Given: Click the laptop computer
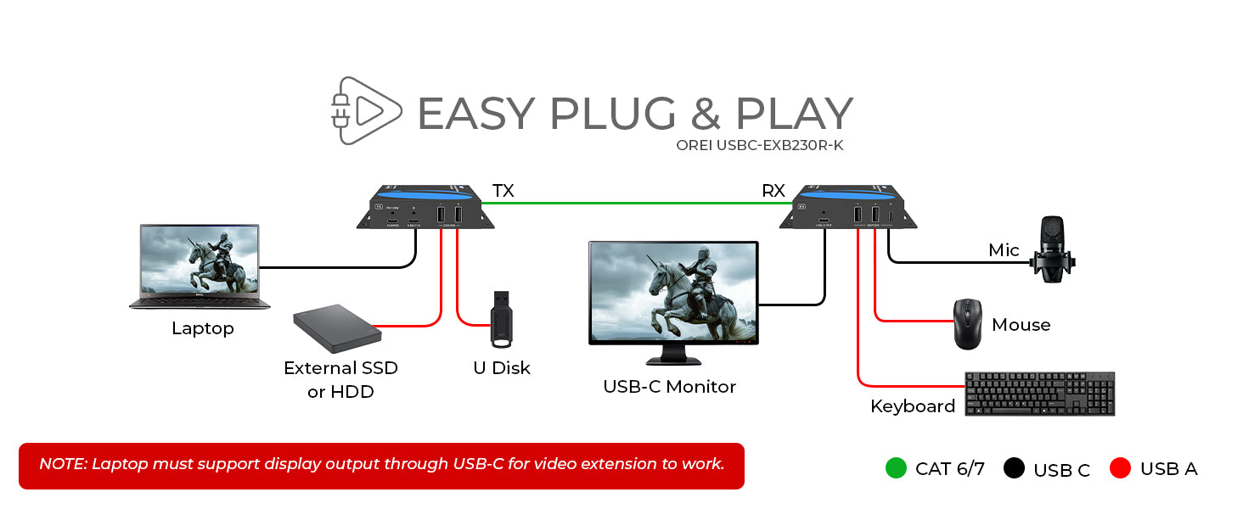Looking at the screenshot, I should click(200, 266).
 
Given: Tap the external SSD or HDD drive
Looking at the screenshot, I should click(334, 329).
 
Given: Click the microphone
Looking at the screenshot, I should click(1052, 247).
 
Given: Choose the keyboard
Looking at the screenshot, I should click(1039, 394).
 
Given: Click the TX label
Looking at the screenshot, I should click(503, 190).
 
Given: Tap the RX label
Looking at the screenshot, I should click(773, 190).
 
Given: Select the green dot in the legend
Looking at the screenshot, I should click(896, 468).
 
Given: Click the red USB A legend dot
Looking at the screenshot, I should click(1121, 468).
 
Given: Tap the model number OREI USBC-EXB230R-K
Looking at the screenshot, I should click(759, 145).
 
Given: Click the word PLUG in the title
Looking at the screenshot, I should click(612, 114).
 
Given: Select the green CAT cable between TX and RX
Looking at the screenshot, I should click(637, 203).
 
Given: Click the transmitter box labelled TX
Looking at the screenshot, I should click(425, 207).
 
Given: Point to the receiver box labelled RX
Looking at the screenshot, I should click(849, 207).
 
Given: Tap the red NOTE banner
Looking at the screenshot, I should click(381, 465).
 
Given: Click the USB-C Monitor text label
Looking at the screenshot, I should click(669, 387).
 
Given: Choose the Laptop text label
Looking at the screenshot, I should click(202, 328).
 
